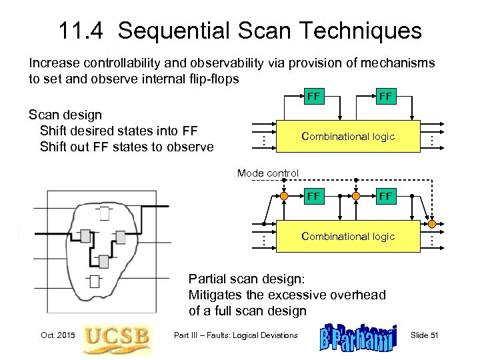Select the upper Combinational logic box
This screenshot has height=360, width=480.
(x=348, y=136)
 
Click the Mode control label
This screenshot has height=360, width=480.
(x=268, y=173)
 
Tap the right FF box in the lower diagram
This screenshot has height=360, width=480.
(x=385, y=196)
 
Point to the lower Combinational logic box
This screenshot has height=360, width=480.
(x=348, y=236)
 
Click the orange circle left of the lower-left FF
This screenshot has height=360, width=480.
(x=284, y=197)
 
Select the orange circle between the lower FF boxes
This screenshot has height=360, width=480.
(x=357, y=197)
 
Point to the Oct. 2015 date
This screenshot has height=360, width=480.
(x=58, y=335)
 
